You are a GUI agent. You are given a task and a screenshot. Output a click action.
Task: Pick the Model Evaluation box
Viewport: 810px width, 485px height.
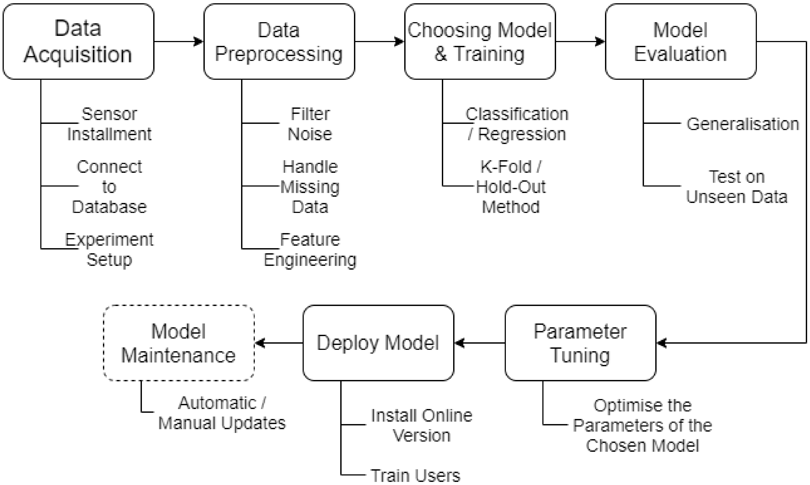pos(680,41)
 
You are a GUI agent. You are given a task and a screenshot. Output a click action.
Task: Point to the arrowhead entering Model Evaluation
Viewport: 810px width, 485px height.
pos(600,41)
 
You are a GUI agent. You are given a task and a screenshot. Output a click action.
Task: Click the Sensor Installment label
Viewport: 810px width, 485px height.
pos(109,124)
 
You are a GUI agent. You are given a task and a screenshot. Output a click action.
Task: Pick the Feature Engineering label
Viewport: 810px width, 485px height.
pos(310,250)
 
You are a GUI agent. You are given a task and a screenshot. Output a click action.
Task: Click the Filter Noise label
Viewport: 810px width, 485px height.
pos(310,124)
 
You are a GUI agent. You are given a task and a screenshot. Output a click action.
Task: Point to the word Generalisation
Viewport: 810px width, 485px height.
pos(742,124)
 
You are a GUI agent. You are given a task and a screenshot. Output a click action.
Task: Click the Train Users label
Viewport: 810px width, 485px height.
pos(415,475)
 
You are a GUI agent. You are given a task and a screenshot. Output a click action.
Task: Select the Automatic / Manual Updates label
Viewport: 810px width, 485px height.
pos(222,413)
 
